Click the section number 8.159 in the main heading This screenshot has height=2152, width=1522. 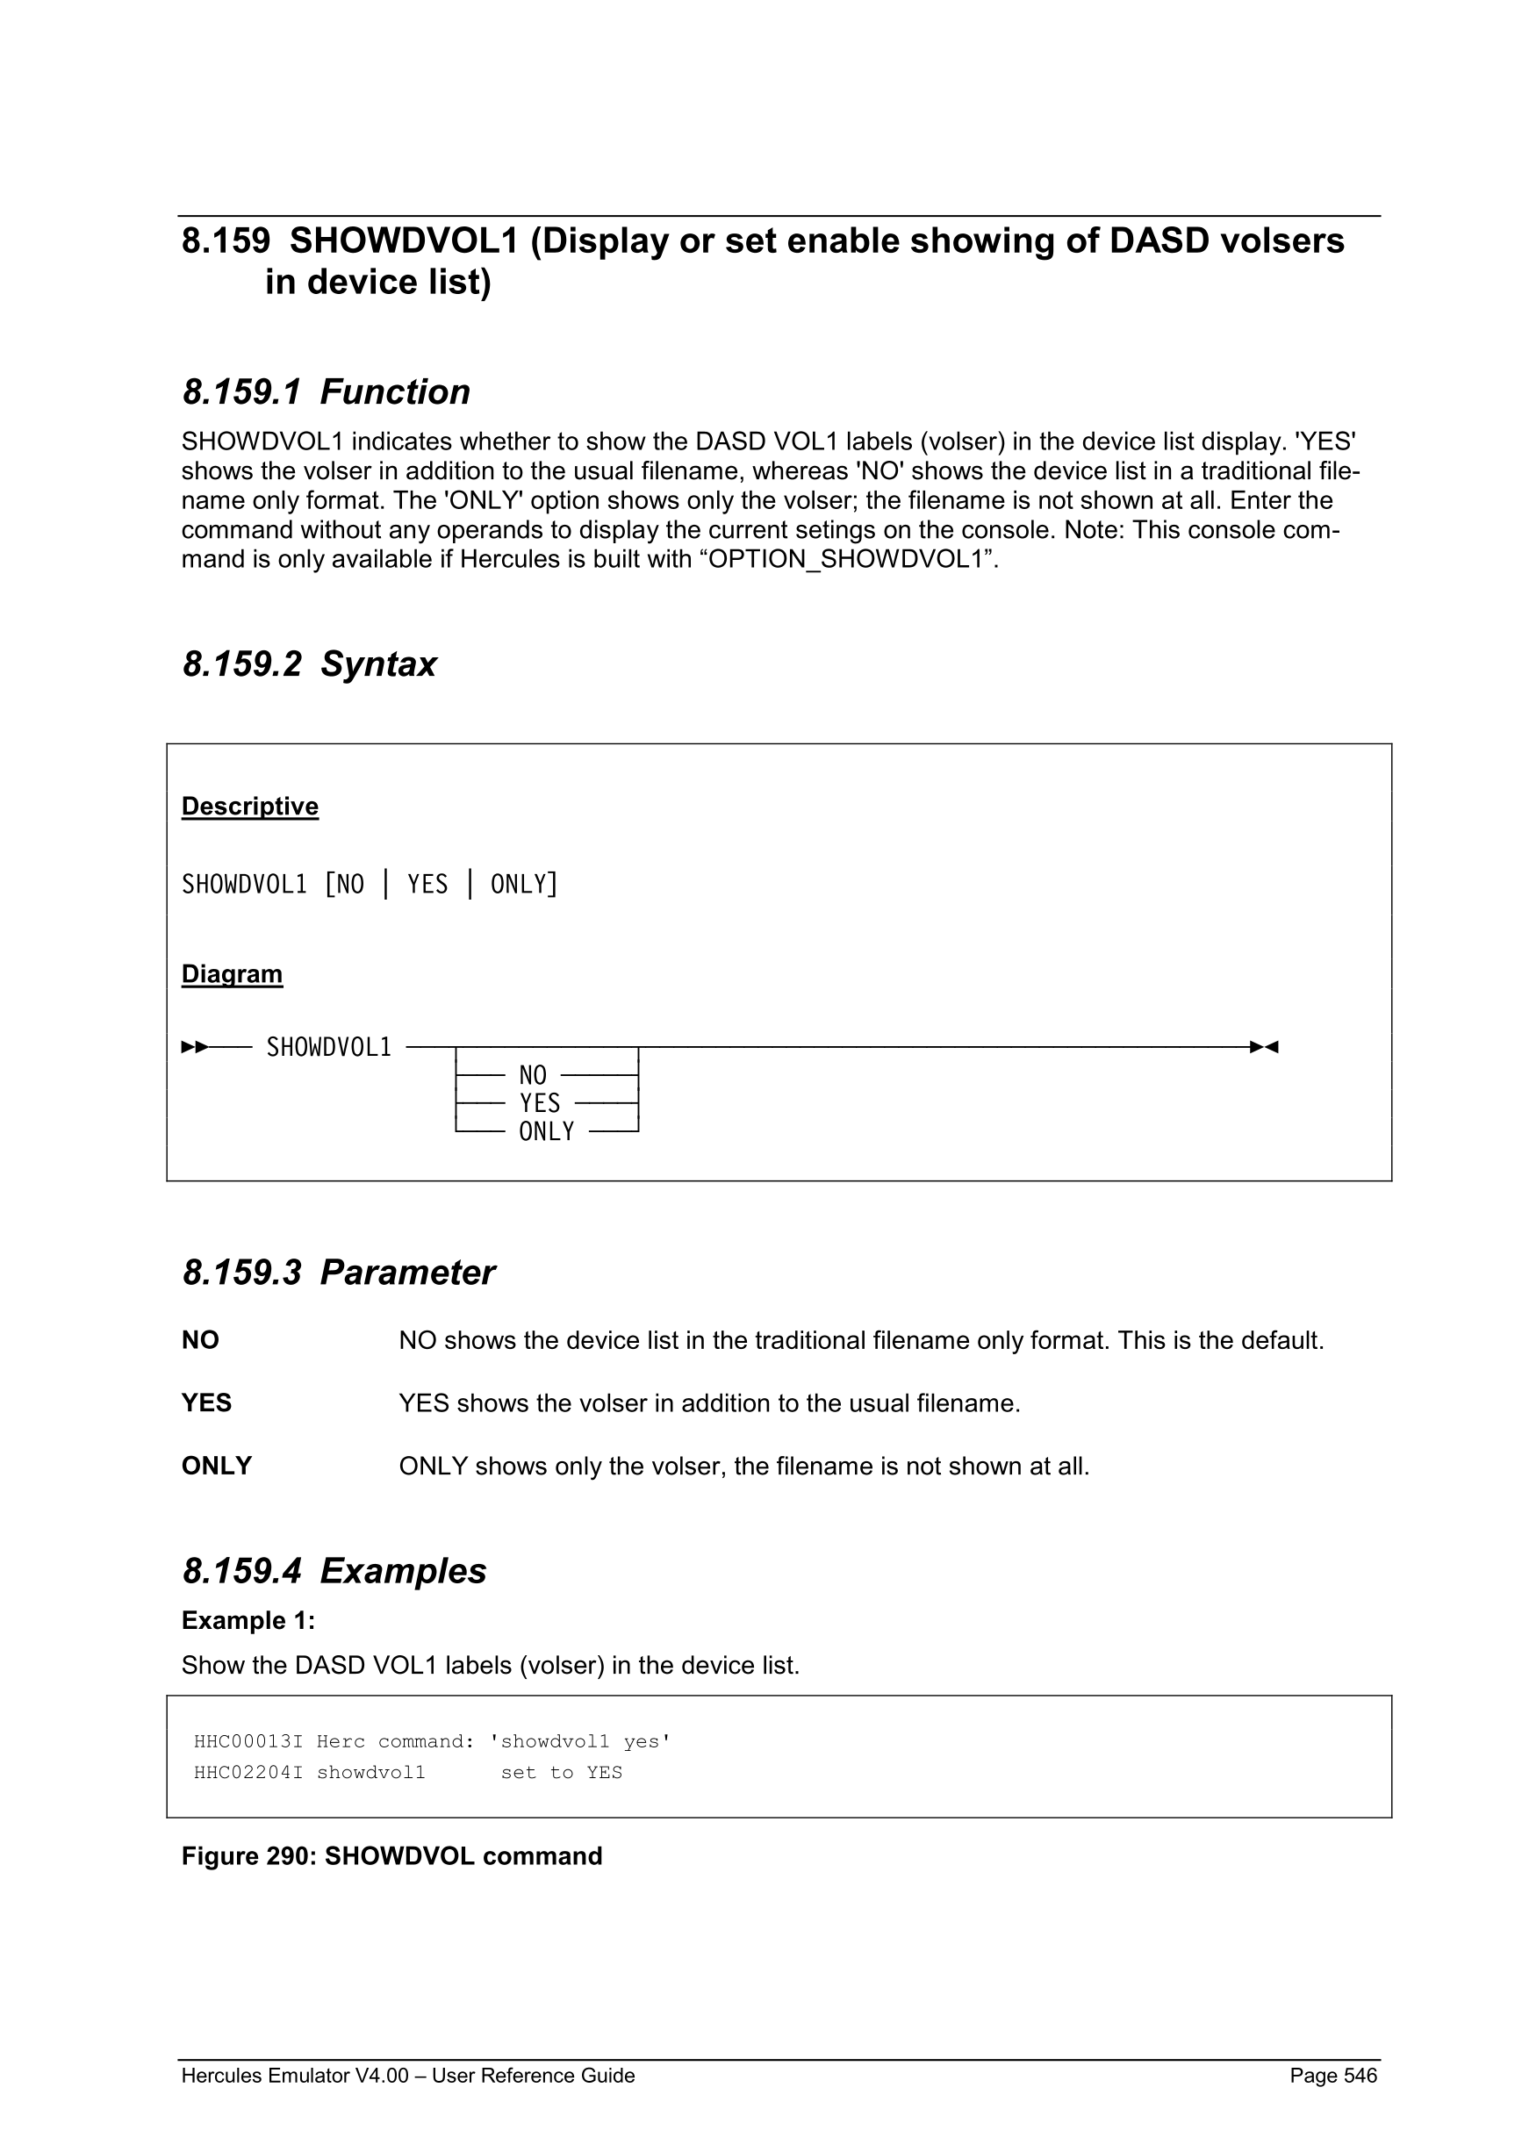tap(226, 242)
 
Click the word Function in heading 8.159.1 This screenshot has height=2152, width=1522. tap(395, 391)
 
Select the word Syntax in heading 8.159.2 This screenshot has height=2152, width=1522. tap(378, 664)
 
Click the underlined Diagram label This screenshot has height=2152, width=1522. tap(232, 974)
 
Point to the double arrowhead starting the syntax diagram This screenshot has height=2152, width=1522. tap(195, 1046)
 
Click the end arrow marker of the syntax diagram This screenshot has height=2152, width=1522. tap(1264, 1046)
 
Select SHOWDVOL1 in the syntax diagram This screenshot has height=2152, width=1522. tap(329, 1047)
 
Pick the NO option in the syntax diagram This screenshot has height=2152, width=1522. tap(532, 1075)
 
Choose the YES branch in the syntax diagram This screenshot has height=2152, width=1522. tap(540, 1103)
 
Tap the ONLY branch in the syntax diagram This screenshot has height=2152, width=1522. tap(546, 1131)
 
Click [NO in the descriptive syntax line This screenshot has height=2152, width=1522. tap(344, 884)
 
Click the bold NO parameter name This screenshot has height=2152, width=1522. tap(199, 1340)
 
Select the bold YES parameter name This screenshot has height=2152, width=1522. tap(206, 1403)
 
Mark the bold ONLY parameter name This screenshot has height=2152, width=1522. tap(217, 1466)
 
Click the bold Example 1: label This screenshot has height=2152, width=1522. tap(248, 1620)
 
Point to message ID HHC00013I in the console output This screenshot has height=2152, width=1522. tap(248, 1741)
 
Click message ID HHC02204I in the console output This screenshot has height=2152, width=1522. tap(248, 1772)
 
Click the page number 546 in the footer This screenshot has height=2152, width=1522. tap(1360, 2075)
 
